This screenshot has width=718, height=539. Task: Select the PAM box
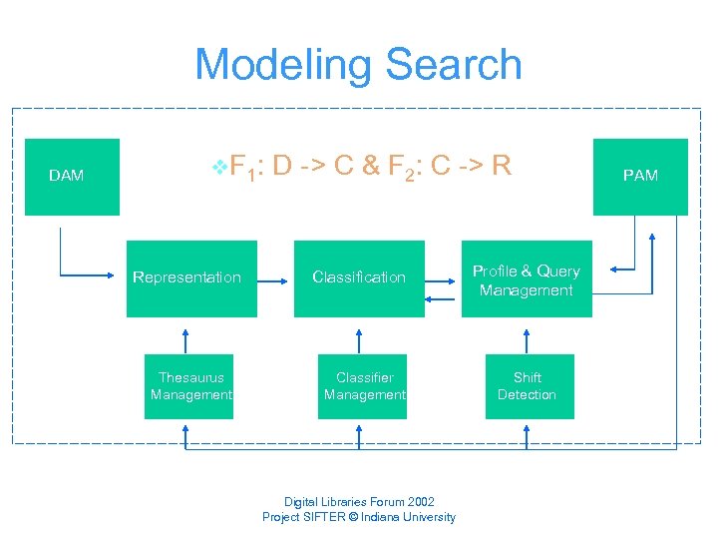click(x=640, y=177)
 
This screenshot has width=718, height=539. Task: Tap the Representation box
click(x=190, y=278)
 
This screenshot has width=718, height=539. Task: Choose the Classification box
click(x=359, y=278)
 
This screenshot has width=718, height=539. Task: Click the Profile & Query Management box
click(x=526, y=280)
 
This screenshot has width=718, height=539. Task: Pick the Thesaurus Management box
click(x=189, y=386)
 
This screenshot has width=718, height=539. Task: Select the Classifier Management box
click(x=364, y=386)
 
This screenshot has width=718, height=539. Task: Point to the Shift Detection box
click(x=528, y=386)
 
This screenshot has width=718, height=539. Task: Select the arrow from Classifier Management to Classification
click(x=359, y=336)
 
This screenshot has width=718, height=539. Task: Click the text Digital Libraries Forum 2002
click(x=359, y=502)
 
